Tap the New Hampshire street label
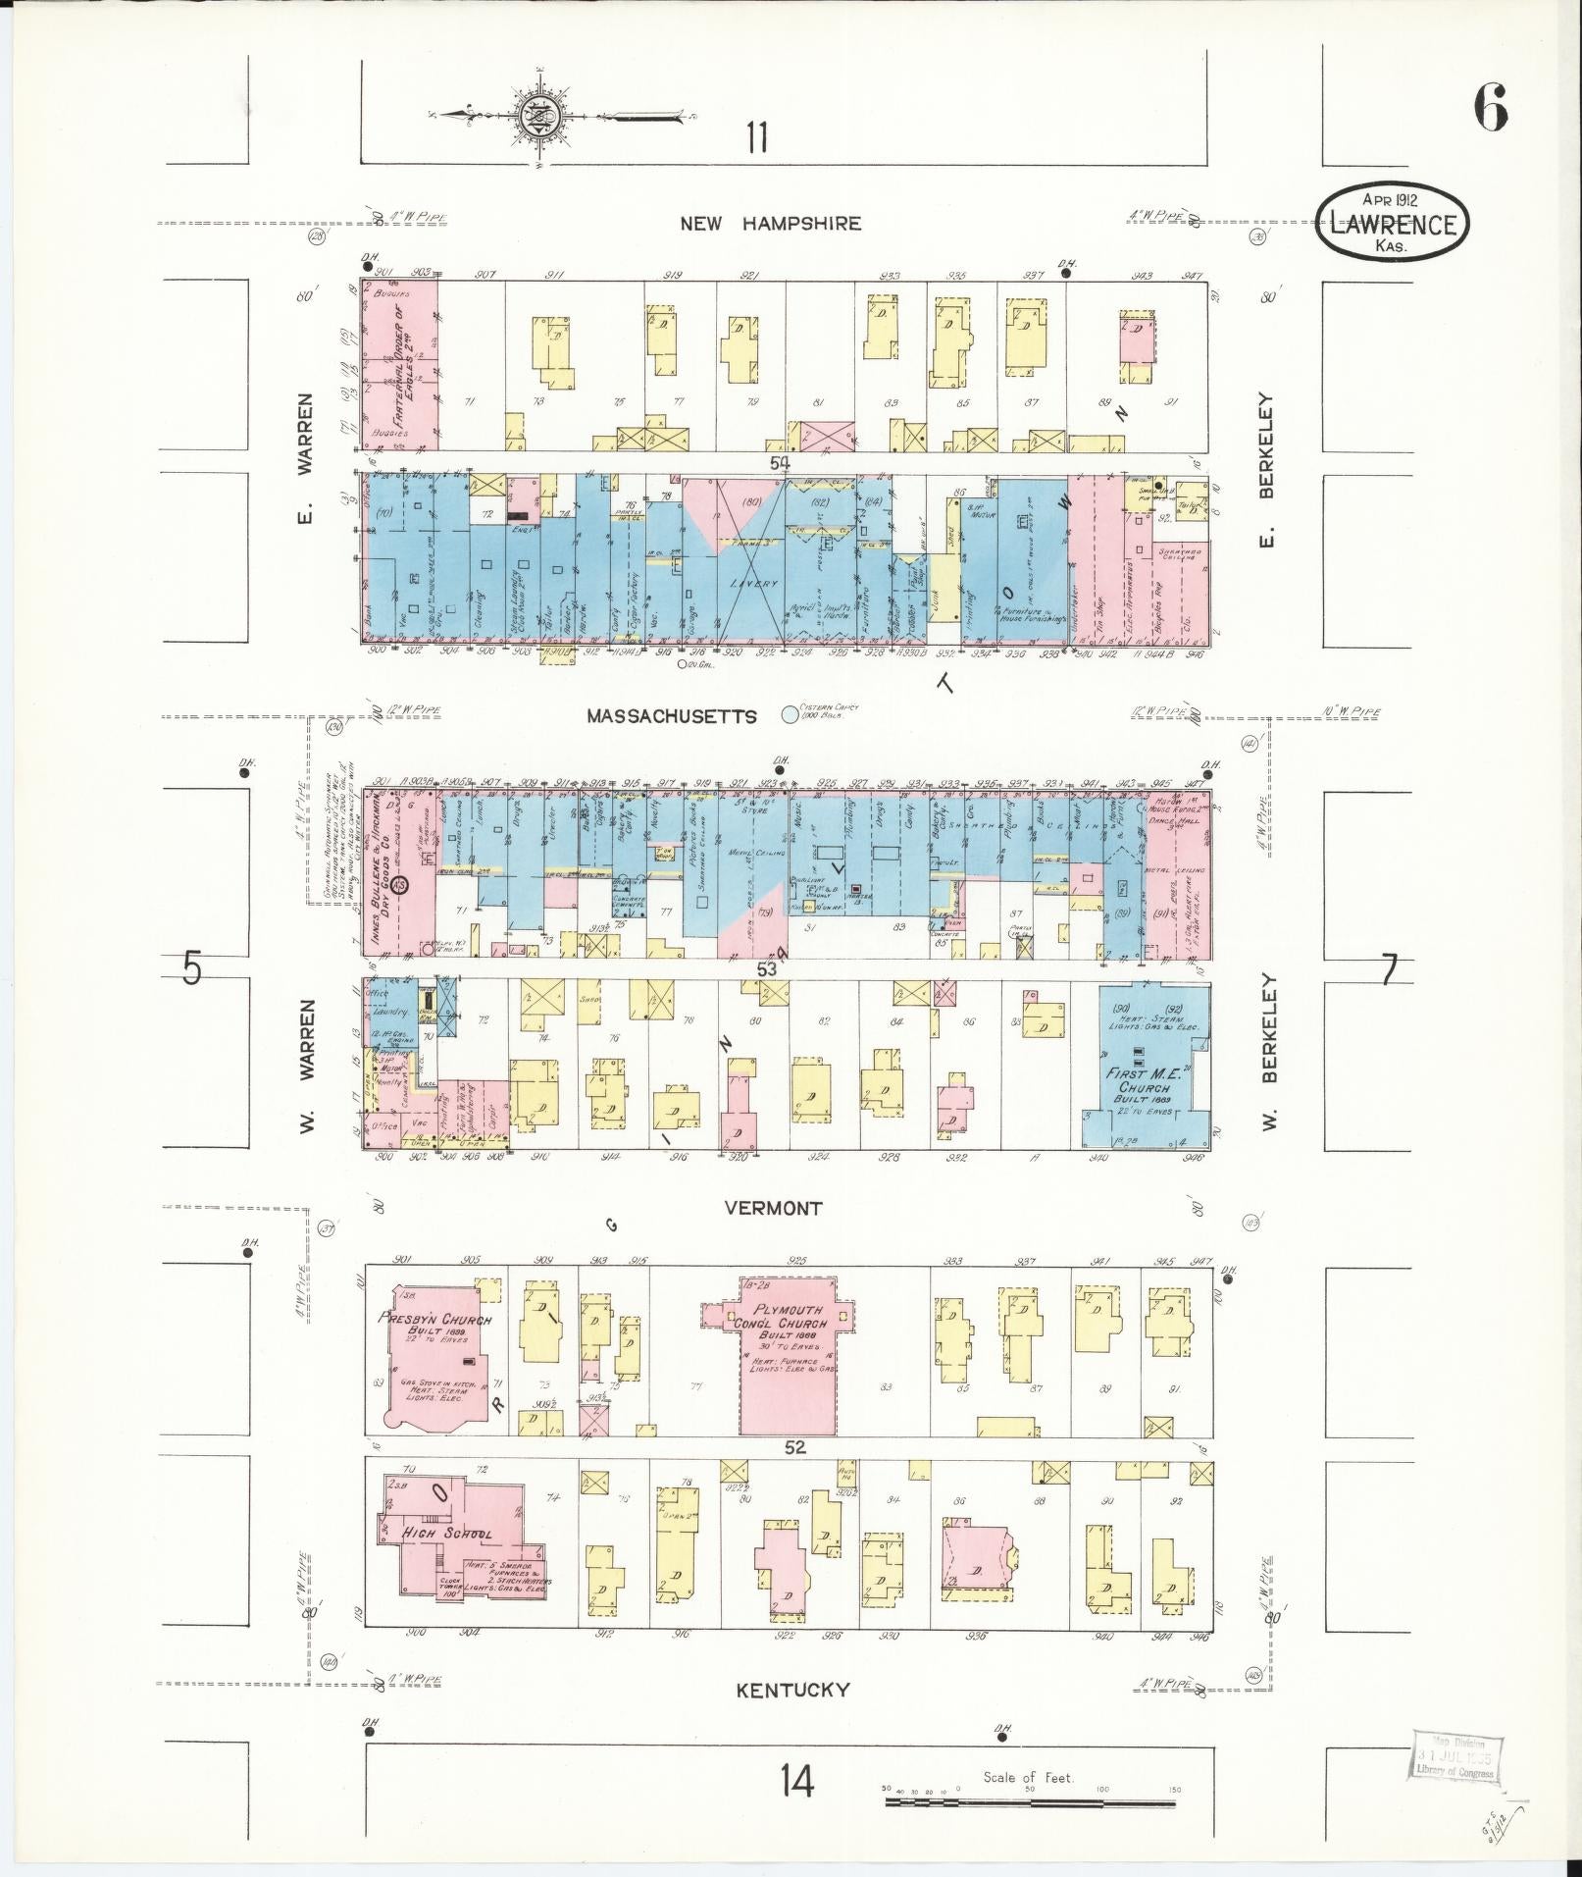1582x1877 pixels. [x=771, y=224]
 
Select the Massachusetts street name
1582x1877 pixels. [x=671, y=716]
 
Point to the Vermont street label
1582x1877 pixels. [x=773, y=1209]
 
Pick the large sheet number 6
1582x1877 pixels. [x=1490, y=108]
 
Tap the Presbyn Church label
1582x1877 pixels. [x=434, y=1320]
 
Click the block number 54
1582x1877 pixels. [x=780, y=462]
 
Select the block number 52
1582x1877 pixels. [x=794, y=1447]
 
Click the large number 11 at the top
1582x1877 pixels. [x=756, y=138]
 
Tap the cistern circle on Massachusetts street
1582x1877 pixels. [x=789, y=715]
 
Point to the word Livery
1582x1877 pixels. [x=753, y=584]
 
